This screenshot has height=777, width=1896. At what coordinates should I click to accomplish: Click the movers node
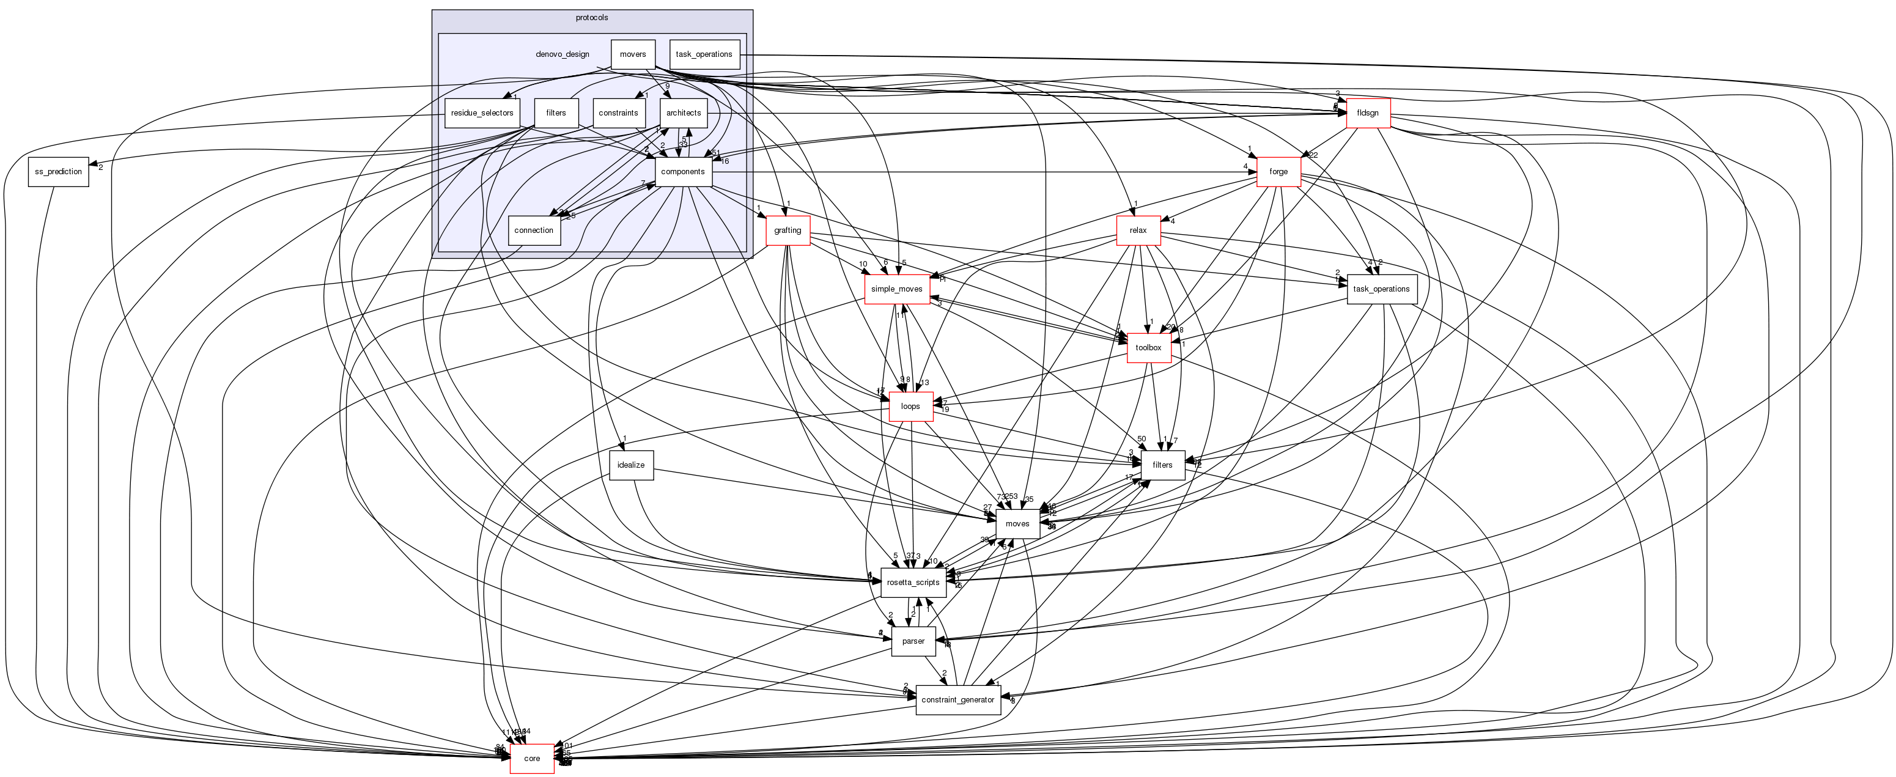(x=633, y=54)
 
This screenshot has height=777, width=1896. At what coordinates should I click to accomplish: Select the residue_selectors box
(x=482, y=113)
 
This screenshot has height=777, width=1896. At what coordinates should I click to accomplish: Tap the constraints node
(x=618, y=113)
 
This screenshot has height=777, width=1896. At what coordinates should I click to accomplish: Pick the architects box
(x=683, y=113)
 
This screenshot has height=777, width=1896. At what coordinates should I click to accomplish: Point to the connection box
(x=534, y=230)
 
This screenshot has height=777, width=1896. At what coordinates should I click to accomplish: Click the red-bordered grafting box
(x=788, y=230)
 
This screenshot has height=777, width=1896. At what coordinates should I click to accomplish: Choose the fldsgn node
(x=1368, y=113)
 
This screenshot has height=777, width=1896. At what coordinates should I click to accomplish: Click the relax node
(x=1138, y=230)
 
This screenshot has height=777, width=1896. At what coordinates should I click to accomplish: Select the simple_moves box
(x=896, y=289)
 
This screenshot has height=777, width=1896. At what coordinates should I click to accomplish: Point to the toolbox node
(x=1148, y=347)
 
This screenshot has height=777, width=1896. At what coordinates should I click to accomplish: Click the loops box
(x=910, y=406)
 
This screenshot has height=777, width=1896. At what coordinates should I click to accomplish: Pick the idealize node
(x=631, y=465)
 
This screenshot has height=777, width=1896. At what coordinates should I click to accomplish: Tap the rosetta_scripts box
(x=913, y=583)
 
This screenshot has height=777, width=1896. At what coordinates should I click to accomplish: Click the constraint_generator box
(x=957, y=700)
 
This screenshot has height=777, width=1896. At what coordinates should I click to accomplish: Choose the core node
(x=531, y=759)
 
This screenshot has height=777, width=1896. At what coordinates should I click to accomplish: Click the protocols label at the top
(x=592, y=18)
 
